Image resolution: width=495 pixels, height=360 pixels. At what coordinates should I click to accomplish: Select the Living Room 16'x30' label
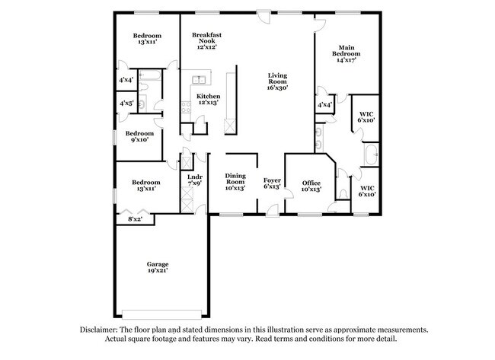click(278, 81)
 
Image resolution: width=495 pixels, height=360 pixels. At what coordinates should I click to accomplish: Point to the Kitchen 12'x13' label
click(208, 100)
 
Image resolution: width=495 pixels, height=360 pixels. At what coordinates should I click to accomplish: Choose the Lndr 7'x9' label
click(193, 180)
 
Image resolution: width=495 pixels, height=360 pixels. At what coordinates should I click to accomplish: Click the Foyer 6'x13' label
click(272, 183)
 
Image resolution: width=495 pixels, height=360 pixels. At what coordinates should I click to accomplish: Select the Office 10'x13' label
click(311, 186)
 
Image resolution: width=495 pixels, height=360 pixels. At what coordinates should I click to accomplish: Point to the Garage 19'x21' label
click(158, 267)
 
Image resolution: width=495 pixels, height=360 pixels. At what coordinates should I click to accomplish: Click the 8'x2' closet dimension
click(136, 220)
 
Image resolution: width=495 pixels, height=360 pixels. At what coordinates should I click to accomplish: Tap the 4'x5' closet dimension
click(126, 103)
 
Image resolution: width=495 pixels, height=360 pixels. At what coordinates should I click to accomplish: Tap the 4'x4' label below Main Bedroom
click(324, 105)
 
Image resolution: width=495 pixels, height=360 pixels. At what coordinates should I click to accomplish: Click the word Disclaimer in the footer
click(103, 330)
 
